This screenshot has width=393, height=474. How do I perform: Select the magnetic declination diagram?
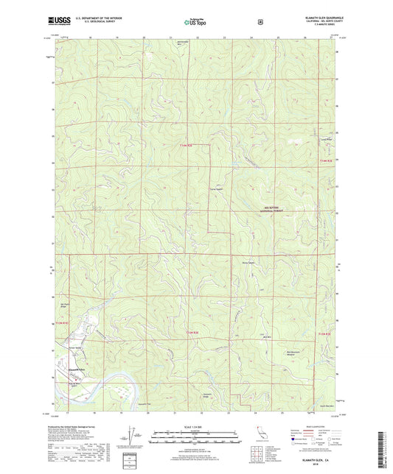131,436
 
